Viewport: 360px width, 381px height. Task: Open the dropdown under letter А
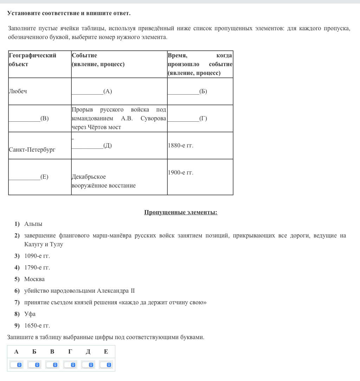(x=16, y=365)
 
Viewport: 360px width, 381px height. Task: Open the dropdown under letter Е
(x=106, y=365)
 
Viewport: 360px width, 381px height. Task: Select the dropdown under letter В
(x=52, y=365)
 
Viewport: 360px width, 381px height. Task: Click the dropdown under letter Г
(x=70, y=365)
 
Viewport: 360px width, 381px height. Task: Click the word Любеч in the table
(x=18, y=91)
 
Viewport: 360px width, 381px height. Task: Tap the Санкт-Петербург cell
(x=32, y=150)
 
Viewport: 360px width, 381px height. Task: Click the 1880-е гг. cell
(x=181, y=146)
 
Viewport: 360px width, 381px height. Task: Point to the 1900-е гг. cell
(x=181, y=173)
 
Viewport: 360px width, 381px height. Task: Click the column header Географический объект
(x=32, y=60)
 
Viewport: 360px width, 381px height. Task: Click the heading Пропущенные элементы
(x=181, y=212)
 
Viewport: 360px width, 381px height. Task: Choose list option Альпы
(x=33, y=224)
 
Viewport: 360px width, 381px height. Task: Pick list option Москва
(x=34, y=279)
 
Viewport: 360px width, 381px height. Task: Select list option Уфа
(x=30, y=314)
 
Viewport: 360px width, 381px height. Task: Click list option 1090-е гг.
(x=37, y=256)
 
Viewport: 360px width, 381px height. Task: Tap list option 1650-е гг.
(x=37, y=326)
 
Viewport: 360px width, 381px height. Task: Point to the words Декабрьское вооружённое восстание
(x=103, y=181)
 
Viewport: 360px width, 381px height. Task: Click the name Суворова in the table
(x=153, y=119)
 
